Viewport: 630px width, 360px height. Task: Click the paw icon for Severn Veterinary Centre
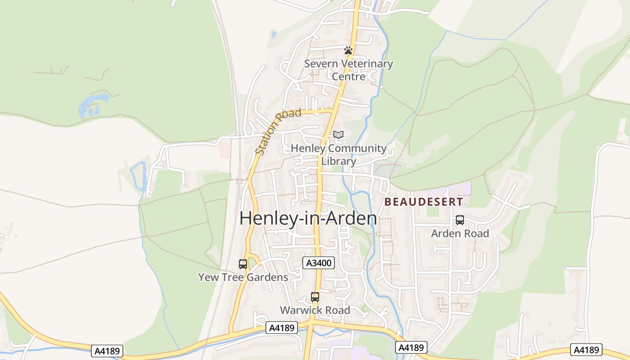pyautogui.click(x=348, y=50)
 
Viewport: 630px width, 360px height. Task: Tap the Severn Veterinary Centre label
pyautogui.click(x=348, y=70)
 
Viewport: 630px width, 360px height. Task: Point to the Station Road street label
pyautogui.click(x=278, y=131)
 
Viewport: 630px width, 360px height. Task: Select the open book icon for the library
pyautogui.click(x=338, y=135)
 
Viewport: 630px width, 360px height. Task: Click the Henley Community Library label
pyautogui.click(x=338, y=154)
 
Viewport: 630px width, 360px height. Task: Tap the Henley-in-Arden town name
pyautogui.click(x=308, y=218)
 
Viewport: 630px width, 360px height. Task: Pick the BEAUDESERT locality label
pyautogui.click(x=423, y=202)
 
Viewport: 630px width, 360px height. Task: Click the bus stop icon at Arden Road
pyautogui.click(x=460, y=220)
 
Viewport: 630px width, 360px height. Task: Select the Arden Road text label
pyautogui.click(x=460, y=234)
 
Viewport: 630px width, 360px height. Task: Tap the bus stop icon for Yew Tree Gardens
pyautogui.click(x=243, y=264)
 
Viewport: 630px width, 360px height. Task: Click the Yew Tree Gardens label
pyautogui.click(x=243, y=277)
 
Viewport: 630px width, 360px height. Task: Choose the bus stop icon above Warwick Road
pyautogui.click(x=315, y=297)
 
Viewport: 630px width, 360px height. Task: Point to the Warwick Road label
pyautogui.click(x=315, y=310)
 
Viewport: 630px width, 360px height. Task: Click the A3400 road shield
pyautogui.click(x=319, y=263)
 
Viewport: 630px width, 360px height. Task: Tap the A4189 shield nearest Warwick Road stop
pyautogui.click(x=282, y=328)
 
